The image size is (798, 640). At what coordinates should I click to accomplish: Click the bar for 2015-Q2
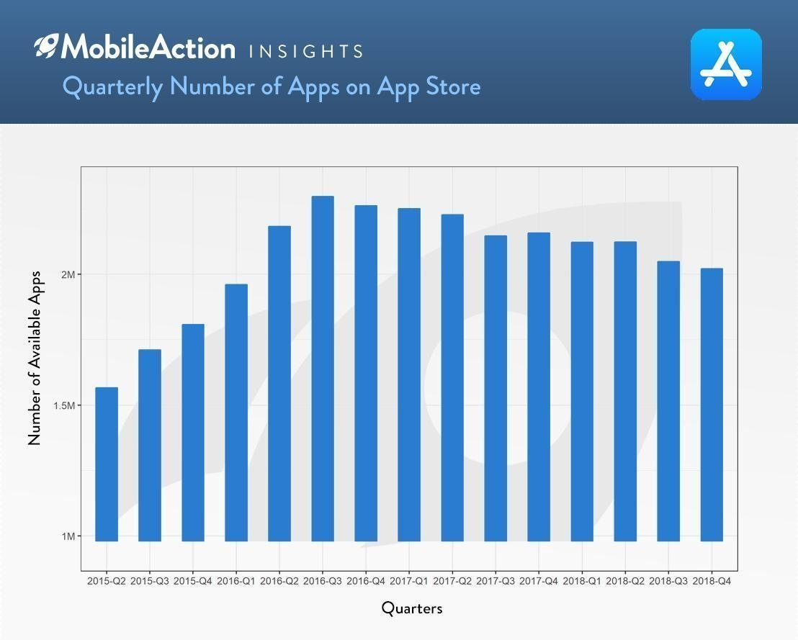coord(107,464)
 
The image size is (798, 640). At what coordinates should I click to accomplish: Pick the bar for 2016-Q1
coord(236,413)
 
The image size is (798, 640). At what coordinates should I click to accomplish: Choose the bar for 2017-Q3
coord(496,388)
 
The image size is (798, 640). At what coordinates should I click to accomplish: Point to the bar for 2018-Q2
coord(625,391)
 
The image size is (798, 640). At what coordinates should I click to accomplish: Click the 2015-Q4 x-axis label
coord(193,581)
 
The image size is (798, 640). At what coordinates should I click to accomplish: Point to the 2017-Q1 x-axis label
coord(409,581)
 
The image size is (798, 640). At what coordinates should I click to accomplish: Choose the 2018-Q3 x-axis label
coord(668,581)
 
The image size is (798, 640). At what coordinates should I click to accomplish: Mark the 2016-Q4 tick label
coord(366,581)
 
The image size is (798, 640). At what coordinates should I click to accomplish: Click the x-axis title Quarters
coord(412,608)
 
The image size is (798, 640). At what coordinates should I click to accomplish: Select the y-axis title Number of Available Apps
coord(35,358)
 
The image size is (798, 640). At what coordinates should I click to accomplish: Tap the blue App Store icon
coord(726,64)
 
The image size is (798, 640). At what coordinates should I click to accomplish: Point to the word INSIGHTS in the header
coord(305,51)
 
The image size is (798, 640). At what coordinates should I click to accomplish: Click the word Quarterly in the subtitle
coord(112,87)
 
